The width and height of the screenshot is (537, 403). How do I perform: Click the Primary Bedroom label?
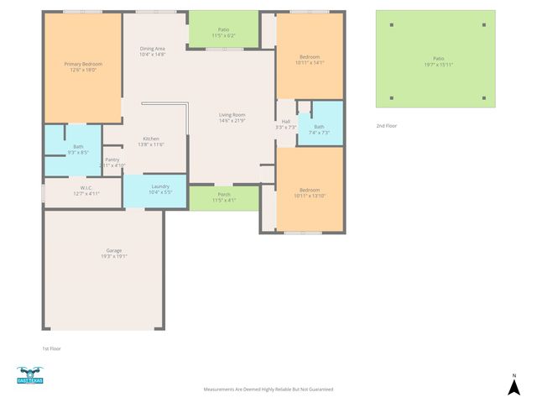(x=83, y=66)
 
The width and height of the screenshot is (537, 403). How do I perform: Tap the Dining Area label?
(x=152, y=51)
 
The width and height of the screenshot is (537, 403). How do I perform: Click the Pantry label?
(x=112, y=162)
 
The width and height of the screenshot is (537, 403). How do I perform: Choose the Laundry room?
(x=159, y=189)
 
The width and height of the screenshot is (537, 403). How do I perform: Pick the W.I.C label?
(x=86, y=191)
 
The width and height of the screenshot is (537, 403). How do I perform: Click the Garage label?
(x=114, y=254)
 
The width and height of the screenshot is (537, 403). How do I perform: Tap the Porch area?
(x=223, y=197)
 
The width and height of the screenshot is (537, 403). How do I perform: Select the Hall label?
(x=285, y=124)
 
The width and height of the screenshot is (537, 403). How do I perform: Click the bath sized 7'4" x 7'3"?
(x=319, y=129)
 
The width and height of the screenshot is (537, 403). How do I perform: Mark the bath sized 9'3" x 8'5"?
(x=78, y=149)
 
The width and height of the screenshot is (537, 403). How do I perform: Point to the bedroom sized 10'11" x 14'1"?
(x=309, y=59)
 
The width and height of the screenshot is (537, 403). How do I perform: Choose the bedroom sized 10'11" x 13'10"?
(x=309, y=192)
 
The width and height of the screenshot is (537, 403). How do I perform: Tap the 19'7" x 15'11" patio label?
(x=438, y=61)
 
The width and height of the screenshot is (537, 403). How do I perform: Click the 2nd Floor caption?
(x=387, y=125)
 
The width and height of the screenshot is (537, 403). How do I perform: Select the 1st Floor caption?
(x=51, y=348)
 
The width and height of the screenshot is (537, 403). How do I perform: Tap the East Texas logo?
(x=29, y=375)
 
